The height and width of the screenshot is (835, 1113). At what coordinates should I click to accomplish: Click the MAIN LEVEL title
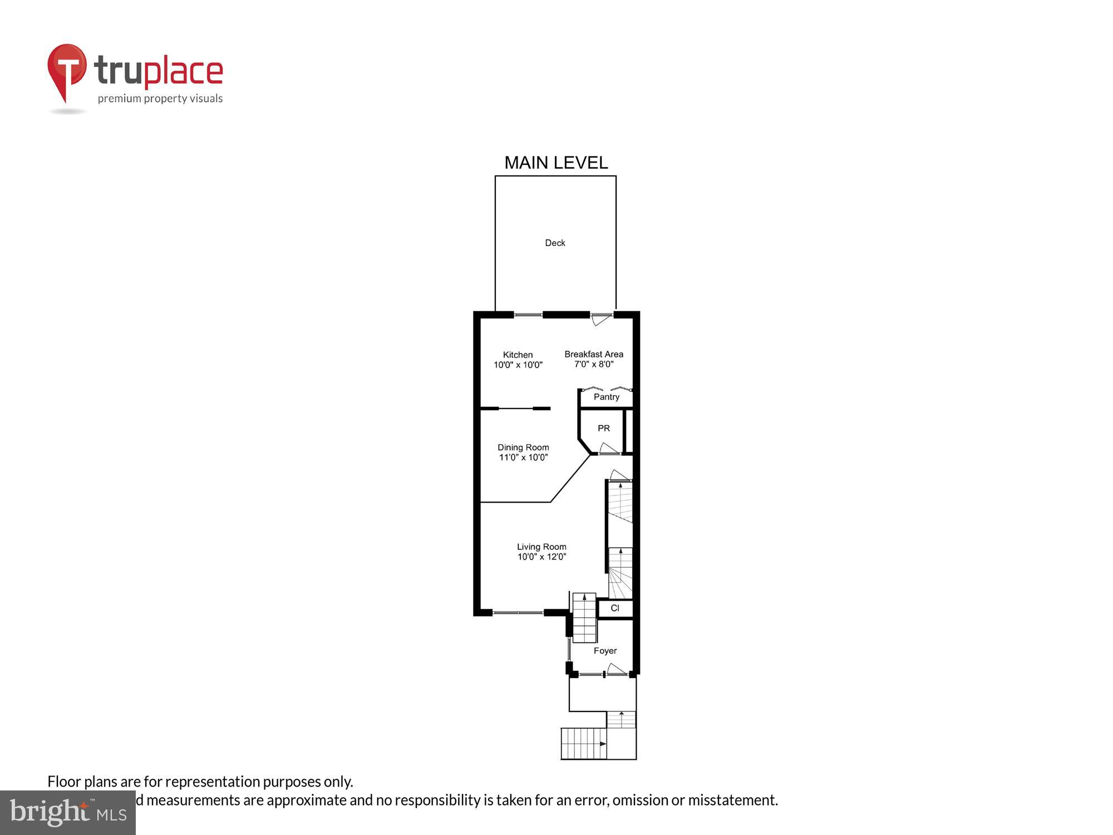click(556, 163)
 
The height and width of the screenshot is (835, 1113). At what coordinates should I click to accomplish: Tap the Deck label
click(555, 243)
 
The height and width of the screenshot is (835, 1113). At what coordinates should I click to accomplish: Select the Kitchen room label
click(518, 355)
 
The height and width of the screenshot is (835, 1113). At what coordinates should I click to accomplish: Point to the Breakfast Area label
click(594, 354)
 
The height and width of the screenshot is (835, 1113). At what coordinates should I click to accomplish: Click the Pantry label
click(606, 397)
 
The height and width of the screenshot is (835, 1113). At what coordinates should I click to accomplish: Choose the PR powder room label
click(604, 428)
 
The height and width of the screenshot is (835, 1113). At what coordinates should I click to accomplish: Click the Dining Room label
click(523, 448)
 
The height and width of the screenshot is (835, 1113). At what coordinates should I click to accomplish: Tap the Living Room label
click(541, 547)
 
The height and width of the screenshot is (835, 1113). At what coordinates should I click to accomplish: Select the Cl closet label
click(615, 608)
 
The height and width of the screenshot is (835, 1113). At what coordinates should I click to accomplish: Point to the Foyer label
click(605, 651)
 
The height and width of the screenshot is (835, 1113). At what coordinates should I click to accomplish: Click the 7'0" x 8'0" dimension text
click(594, 365)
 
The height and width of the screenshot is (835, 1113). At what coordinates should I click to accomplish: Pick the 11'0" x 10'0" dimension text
click(523, 458)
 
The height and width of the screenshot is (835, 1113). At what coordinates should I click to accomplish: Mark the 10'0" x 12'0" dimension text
click(541, 557)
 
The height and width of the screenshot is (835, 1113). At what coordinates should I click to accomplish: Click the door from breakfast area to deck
click(600, 319)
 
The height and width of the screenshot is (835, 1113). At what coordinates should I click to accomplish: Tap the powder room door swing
click(608, 448)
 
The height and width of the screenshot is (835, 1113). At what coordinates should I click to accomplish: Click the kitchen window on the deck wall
click(528, 315)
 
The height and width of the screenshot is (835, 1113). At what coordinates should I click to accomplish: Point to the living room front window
click(518, 613)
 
